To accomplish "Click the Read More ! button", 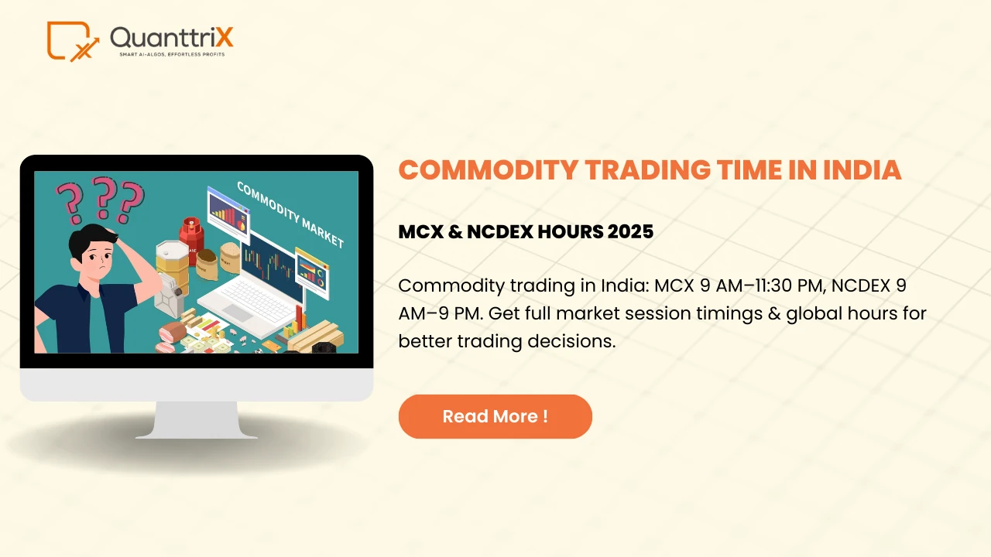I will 495,416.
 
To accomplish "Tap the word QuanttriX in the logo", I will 171,36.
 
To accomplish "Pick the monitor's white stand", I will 196,420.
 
